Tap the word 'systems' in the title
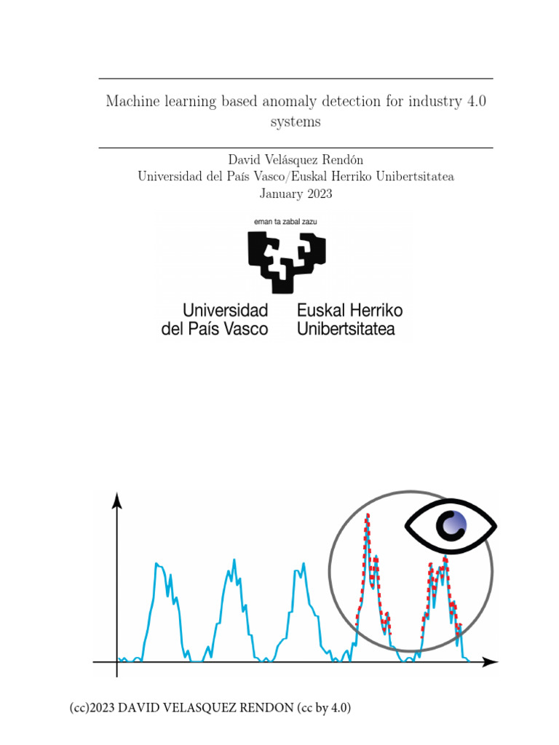click(296, 121)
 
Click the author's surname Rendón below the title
click(337, 159)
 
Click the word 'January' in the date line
click(279, 194)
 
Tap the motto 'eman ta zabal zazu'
click(285, 220)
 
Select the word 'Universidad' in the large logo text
click(215, 310)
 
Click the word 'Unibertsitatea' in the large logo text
click(346, 329)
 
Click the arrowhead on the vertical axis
click(117, 500)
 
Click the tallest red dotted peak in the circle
click(368, 518)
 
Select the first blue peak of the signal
click(159, 565)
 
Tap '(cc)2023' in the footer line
click(92, 708)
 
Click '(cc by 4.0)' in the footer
click(327, 708)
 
